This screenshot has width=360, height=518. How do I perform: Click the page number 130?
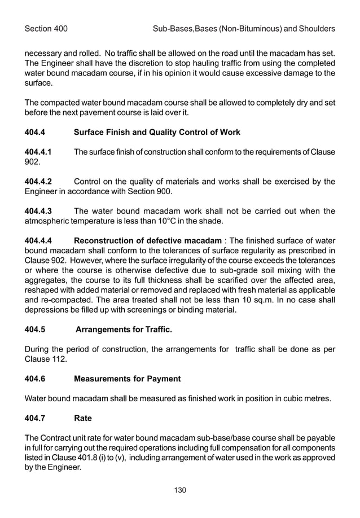[180, 490]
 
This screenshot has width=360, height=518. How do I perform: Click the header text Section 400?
[46, 28]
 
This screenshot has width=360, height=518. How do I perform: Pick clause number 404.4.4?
[41, 242]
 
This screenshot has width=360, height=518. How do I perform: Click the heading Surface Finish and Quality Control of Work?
[157, 132]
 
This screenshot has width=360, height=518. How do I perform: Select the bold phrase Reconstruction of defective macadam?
[147, 242]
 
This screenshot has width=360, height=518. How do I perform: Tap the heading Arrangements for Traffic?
[124, 329]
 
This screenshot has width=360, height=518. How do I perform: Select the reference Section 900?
[162, 191]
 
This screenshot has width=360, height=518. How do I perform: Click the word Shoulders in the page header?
[315, 28]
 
